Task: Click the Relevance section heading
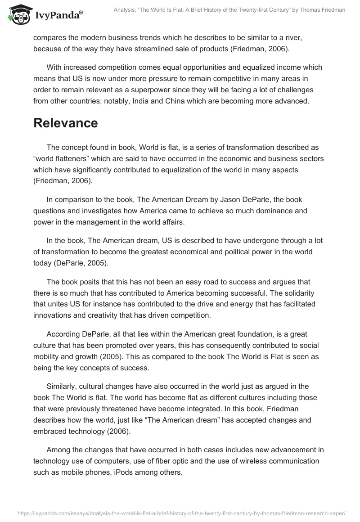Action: click(x=66, y=123)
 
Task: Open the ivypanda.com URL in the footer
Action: click(x=180, y=513)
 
